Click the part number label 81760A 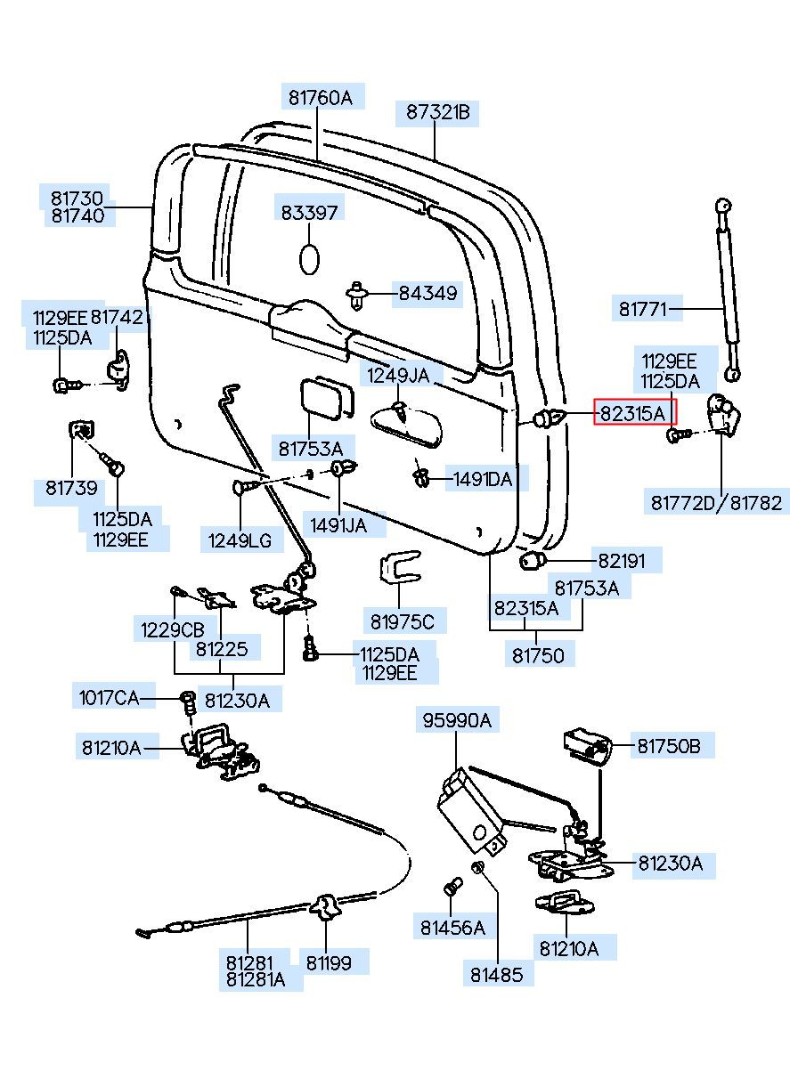pyautogui.click(x=320, y=98)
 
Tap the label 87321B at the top pyautogui.click(x=437, y=113)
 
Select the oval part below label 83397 pyautogui.click(x=309, y=259)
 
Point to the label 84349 pyautogui.click(x=427, y=293)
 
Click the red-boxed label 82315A pyautogui.click(x=634, y=412)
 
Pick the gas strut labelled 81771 pyautogui.click(x=728, y=294)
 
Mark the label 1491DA pyautogui.click(x=482, y=480)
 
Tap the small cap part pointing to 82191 pyautogui.click(x=533, y=561)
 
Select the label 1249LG pyautogui.click(x=240, y=539)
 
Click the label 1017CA pyautogui.click(x=109, y=697)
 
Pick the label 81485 pyautogui.click(x=497, y=975)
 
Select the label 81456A pyautogui.click(x=452, y=929)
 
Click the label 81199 pyautogui.click(x=329, y=962)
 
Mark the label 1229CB pyautogui.click(x=172, y=629)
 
